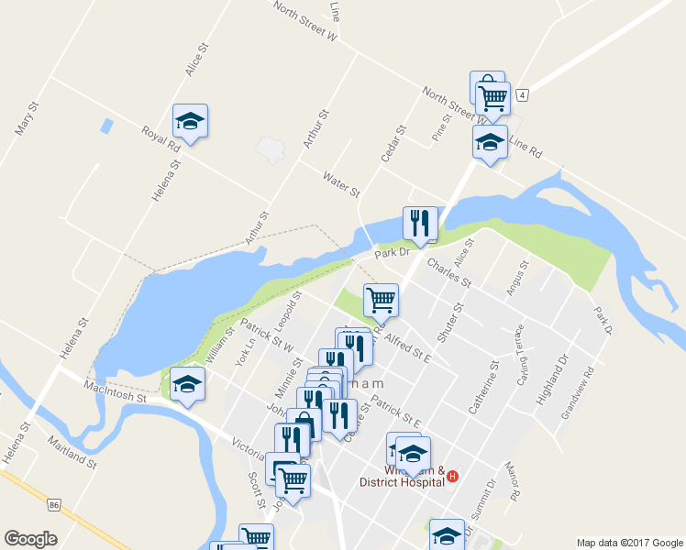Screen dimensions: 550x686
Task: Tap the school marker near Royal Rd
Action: tap(190, 121)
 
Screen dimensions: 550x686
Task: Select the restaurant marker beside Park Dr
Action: tap(420, 224)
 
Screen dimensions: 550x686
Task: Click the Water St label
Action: tap(341, 183)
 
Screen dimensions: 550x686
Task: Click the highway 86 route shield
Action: tap(55, 505)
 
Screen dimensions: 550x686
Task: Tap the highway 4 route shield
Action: tap(522, 94)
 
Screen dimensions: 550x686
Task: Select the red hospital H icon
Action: tap(452, 477)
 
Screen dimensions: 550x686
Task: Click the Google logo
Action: tap(31, 539)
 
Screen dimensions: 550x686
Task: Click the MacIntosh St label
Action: tap(116, 392)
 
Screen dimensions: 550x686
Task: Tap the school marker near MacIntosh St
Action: tap(187, 384)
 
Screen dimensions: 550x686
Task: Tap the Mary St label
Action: tap(27, 118)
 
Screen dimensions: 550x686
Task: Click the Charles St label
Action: tap(448, 272)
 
